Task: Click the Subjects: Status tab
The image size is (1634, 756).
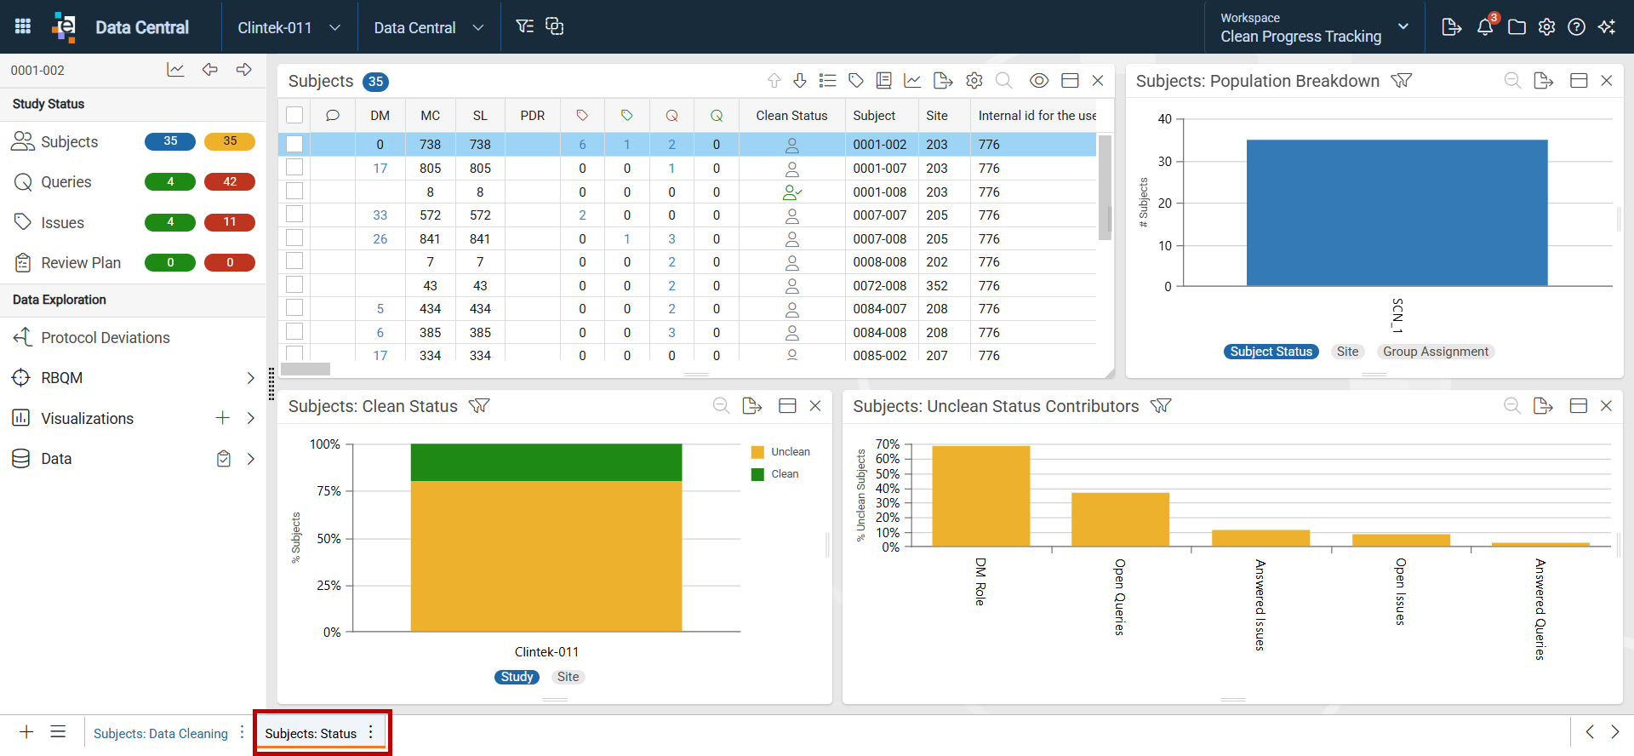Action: pos(311,733)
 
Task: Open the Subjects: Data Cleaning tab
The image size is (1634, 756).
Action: pos(161,733)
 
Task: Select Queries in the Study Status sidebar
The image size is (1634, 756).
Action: pos(66,182)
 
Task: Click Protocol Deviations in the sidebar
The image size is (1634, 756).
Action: pos(106,338)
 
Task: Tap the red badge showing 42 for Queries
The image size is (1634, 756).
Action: pos(230,181)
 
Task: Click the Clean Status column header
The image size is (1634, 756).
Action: pos(791,116)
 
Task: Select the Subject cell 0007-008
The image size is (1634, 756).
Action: pos(880,239)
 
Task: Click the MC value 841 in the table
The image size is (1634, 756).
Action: pos(430,239)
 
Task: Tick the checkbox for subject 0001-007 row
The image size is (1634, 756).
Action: pos(294,168)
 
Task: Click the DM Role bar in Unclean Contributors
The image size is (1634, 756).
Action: pos(981,495)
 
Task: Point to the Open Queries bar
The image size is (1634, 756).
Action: pos(1120,519)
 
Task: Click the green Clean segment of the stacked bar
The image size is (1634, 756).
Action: pos(546,462)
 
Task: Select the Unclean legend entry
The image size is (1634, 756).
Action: pos(781,452)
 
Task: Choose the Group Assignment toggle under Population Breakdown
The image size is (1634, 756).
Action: pos(1436,352)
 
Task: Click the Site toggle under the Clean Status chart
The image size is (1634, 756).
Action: pos(568,677)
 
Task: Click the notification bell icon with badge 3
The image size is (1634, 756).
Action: pos(1486,26)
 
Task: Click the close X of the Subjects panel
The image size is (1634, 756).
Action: pos(1098,80)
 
